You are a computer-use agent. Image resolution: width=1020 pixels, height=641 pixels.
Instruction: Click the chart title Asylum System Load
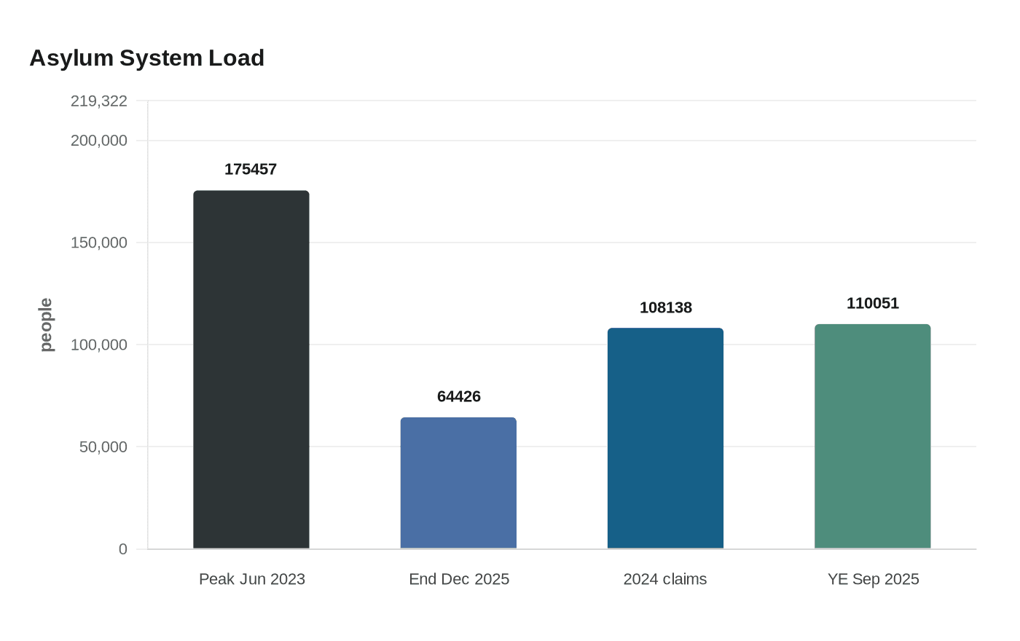[146, 58]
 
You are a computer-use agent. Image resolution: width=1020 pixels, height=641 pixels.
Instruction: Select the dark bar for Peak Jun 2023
[251, 369]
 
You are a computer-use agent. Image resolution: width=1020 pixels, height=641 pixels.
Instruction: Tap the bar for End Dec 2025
[458, 483]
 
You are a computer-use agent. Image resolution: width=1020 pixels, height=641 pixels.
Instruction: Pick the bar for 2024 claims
[665, 438]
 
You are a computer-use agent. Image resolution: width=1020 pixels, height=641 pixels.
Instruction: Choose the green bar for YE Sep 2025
[872, 436]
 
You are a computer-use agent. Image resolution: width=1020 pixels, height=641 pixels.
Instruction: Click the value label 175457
[251, 169]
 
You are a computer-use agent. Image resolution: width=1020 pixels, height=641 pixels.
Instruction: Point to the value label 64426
[458, 396]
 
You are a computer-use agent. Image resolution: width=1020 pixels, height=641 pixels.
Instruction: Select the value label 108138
[665, 307]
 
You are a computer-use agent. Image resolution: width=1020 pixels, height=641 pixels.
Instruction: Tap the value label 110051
[872, 303]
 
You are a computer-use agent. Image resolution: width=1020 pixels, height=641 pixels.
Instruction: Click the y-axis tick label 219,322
[99, 101]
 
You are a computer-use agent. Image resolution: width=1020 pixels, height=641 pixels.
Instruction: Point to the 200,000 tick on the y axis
[99, 141]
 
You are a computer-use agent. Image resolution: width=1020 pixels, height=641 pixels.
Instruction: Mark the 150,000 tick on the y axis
[99, 243]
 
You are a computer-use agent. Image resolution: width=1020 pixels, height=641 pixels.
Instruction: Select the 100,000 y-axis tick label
[99, 345]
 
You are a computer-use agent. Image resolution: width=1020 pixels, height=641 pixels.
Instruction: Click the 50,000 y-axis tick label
[103, 447]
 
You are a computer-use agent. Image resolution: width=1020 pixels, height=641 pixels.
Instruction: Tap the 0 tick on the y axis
[123, 549]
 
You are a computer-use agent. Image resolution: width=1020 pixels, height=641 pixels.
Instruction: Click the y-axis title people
[46, 325]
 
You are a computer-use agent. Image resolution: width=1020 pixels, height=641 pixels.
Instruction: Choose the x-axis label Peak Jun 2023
[251, 579]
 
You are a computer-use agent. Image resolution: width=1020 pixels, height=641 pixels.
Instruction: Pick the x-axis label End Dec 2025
[458, 579]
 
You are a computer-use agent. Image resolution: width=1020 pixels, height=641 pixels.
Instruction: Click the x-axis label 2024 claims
[665, 579]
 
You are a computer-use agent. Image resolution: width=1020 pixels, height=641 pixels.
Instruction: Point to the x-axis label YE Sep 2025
[873, 579]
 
